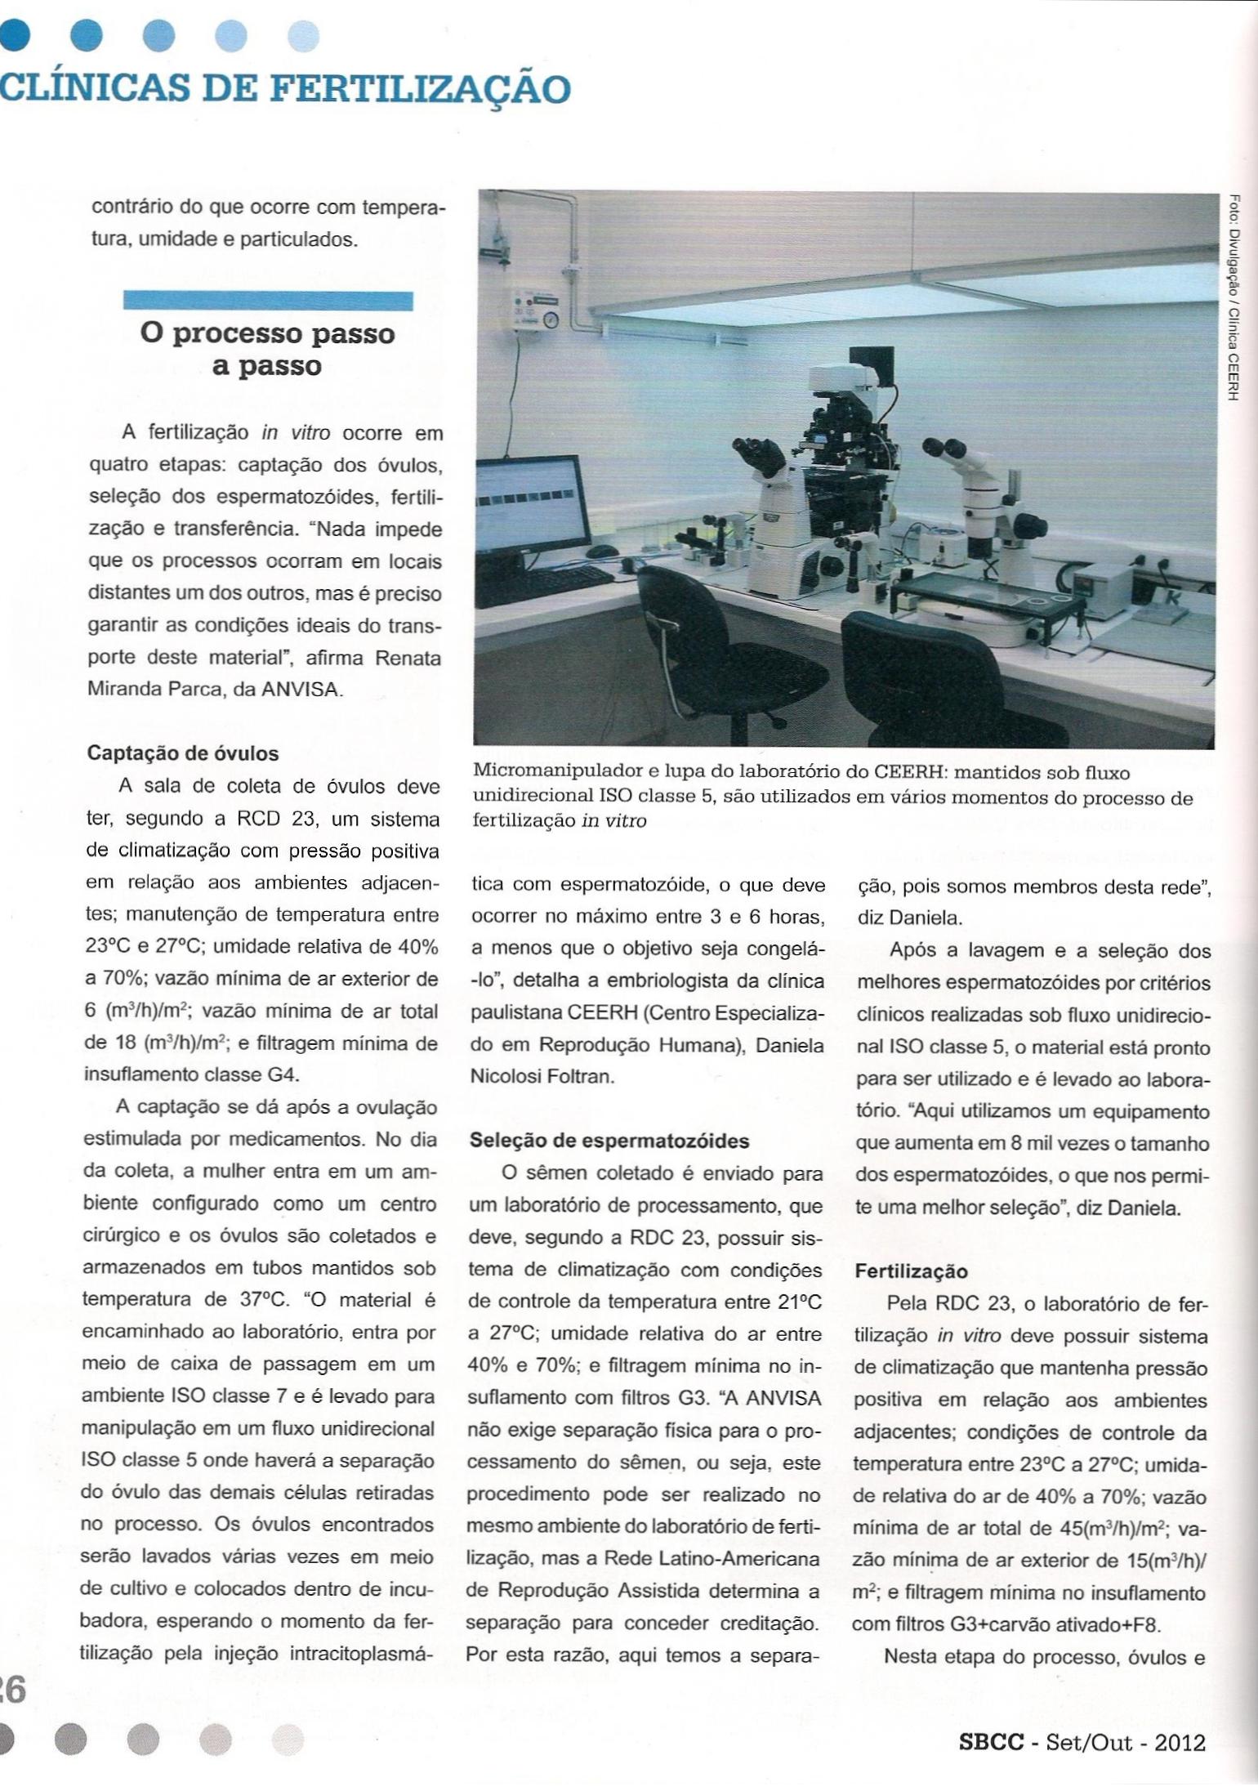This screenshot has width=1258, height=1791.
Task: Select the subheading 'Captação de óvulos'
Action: (183, 753)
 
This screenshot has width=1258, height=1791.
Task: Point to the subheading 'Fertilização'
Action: (911, 1271)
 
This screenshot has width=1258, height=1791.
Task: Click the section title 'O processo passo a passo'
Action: (266, 349)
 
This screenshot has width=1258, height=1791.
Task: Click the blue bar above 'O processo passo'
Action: (267, 301)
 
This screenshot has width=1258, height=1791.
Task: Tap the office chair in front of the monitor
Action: (694, 654)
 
